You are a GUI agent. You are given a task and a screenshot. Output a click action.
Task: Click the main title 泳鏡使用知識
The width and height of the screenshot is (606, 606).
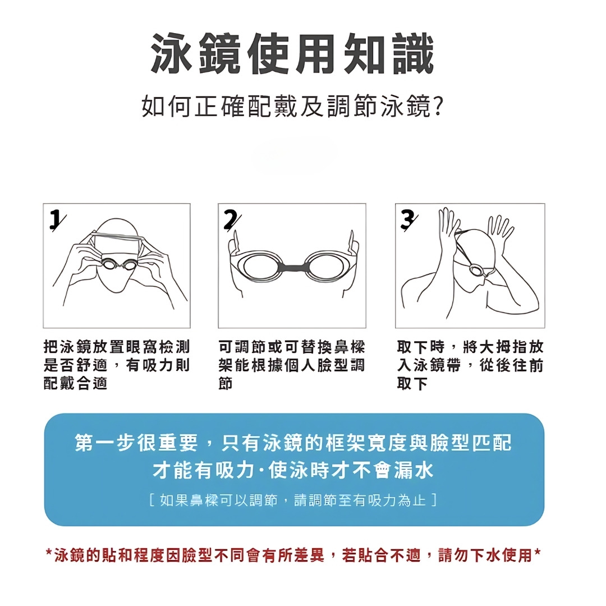[292, 54]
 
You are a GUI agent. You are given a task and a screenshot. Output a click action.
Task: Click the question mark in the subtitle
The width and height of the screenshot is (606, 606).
[438, 107]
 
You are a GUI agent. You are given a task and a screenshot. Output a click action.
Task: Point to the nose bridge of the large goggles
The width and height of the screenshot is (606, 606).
[293, 266]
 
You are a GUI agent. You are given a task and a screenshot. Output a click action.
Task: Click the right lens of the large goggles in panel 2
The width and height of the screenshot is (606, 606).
[327, 267]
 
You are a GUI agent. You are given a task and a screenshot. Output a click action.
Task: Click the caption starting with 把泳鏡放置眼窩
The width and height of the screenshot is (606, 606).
[117, 365]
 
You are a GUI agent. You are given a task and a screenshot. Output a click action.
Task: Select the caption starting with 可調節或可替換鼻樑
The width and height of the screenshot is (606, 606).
[292, 365]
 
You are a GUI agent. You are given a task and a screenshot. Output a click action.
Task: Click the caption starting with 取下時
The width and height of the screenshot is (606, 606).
[470, 365]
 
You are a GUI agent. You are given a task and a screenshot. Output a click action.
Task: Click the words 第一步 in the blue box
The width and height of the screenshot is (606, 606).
[105, 443]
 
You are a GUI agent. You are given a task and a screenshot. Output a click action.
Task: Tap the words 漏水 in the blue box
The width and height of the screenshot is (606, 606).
[414, 470]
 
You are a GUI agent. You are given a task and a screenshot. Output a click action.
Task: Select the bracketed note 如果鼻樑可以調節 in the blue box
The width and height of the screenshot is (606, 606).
[293, 501]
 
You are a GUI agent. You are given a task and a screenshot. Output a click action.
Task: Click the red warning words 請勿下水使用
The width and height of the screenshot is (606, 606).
[485, 555]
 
